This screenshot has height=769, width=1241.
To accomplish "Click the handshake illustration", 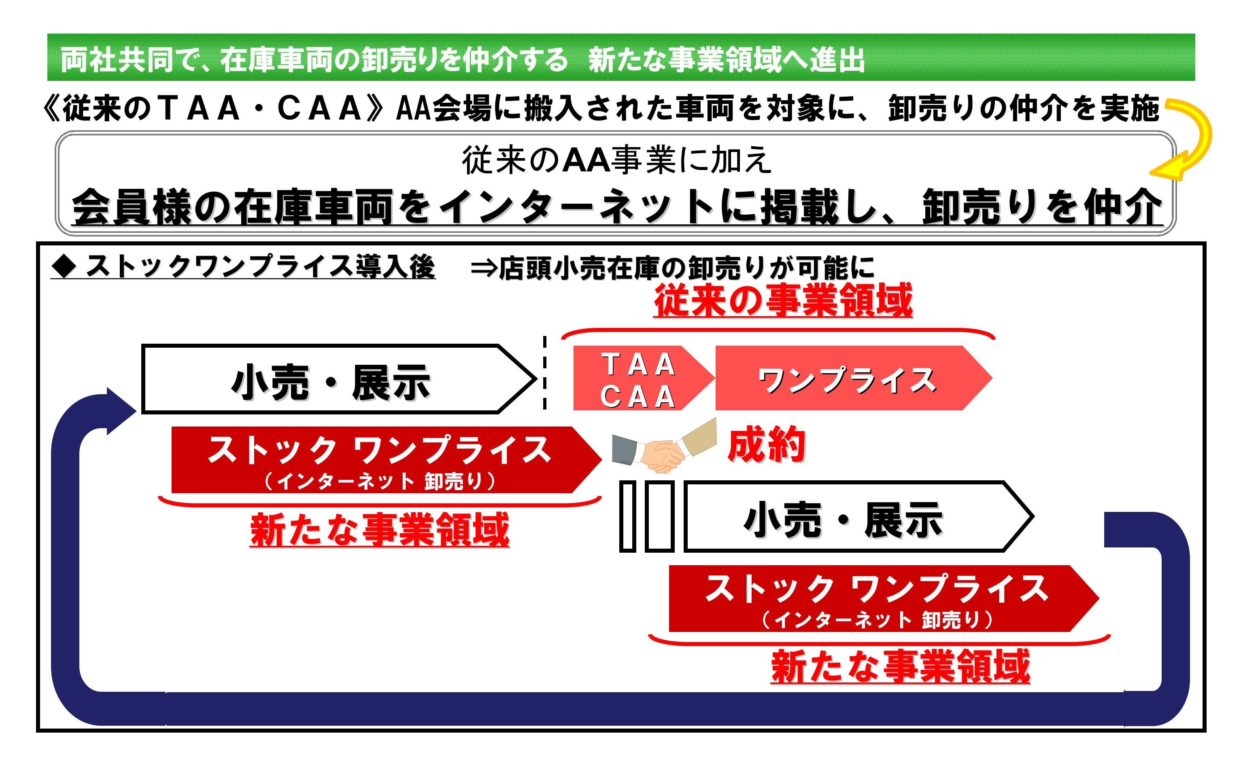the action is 664,446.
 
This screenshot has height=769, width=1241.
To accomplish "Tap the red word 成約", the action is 766,444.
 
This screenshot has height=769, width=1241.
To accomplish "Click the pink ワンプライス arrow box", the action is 853,378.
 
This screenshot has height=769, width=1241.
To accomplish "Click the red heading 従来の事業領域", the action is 783,301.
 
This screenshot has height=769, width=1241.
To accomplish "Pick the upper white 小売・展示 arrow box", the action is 338,379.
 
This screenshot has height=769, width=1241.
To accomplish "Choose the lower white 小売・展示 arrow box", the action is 858,517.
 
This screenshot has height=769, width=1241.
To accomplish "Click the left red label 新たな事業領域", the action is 380,530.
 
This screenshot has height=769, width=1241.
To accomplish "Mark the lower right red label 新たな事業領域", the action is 900,666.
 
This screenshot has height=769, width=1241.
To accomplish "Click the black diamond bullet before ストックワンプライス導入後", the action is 64,266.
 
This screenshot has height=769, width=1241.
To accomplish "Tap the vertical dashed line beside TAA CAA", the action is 545,372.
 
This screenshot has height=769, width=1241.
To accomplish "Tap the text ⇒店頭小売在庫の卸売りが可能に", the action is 672,268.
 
